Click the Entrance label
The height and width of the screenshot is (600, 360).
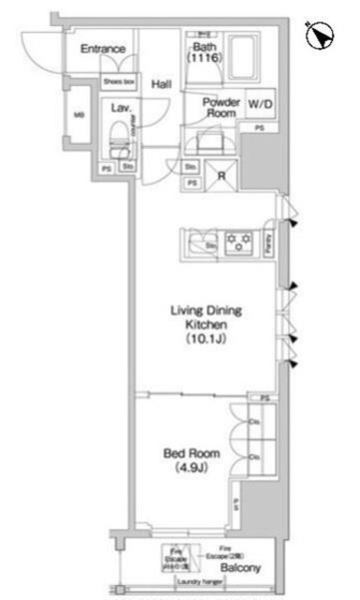[103, 49]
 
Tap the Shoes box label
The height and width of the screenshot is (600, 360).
[118, 82]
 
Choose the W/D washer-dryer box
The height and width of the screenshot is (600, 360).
[260, 105]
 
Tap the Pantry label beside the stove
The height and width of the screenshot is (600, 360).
[269, 243]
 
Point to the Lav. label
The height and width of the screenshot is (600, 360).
[119, 108]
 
